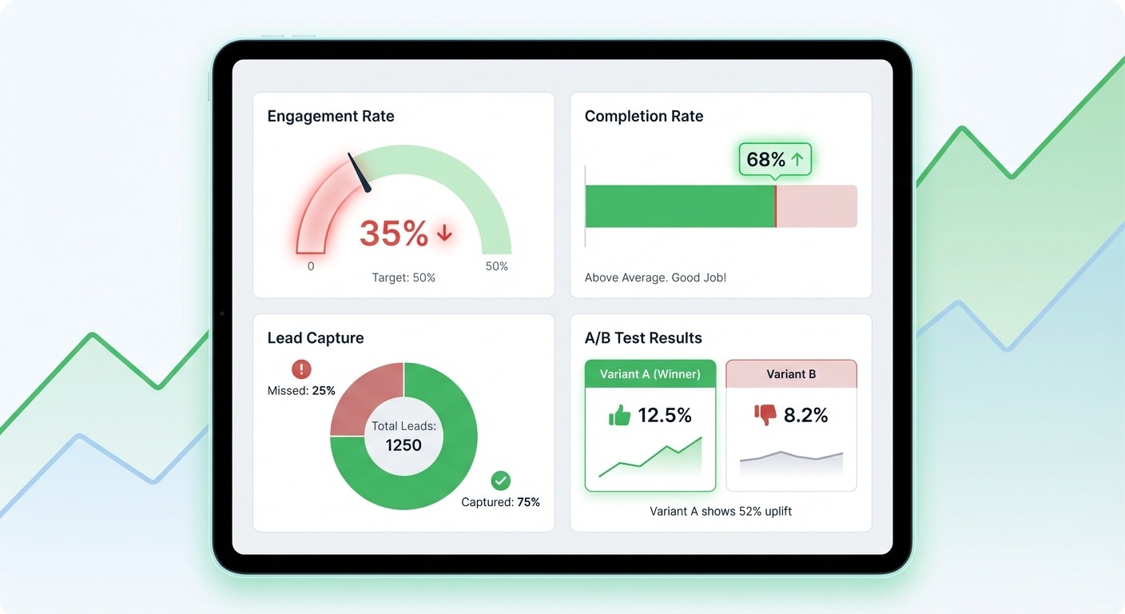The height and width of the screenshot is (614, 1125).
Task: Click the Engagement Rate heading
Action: pos(330,117)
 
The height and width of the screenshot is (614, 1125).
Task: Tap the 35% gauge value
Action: pos(394,233)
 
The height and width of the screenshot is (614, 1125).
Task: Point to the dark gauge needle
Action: pos(360,173)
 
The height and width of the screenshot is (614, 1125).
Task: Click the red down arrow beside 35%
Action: pos(444,233)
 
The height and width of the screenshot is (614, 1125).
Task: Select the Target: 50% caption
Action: pos(403,278)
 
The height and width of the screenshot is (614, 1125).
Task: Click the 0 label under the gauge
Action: pos(311,266)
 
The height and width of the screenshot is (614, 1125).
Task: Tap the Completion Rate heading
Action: pos(643,117)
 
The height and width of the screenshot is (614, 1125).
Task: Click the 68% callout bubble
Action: pos(774,160)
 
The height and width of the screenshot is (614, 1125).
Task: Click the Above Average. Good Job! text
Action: pos(655,278)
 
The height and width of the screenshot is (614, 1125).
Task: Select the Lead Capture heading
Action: pos(315,338)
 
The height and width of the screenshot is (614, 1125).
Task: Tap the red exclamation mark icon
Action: pos(301,369)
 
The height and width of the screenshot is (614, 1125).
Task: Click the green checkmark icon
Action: pos(501,480)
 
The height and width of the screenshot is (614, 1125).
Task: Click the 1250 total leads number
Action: pos(403,445)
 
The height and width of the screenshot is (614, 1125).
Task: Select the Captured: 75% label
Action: pos(501,502)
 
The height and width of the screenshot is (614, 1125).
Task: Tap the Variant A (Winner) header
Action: pos(650,374)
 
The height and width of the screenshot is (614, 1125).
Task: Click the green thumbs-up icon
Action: pos(619,416)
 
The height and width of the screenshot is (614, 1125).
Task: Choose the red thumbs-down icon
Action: pos(765,415)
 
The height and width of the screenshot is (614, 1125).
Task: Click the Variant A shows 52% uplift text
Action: pos(721,511)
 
